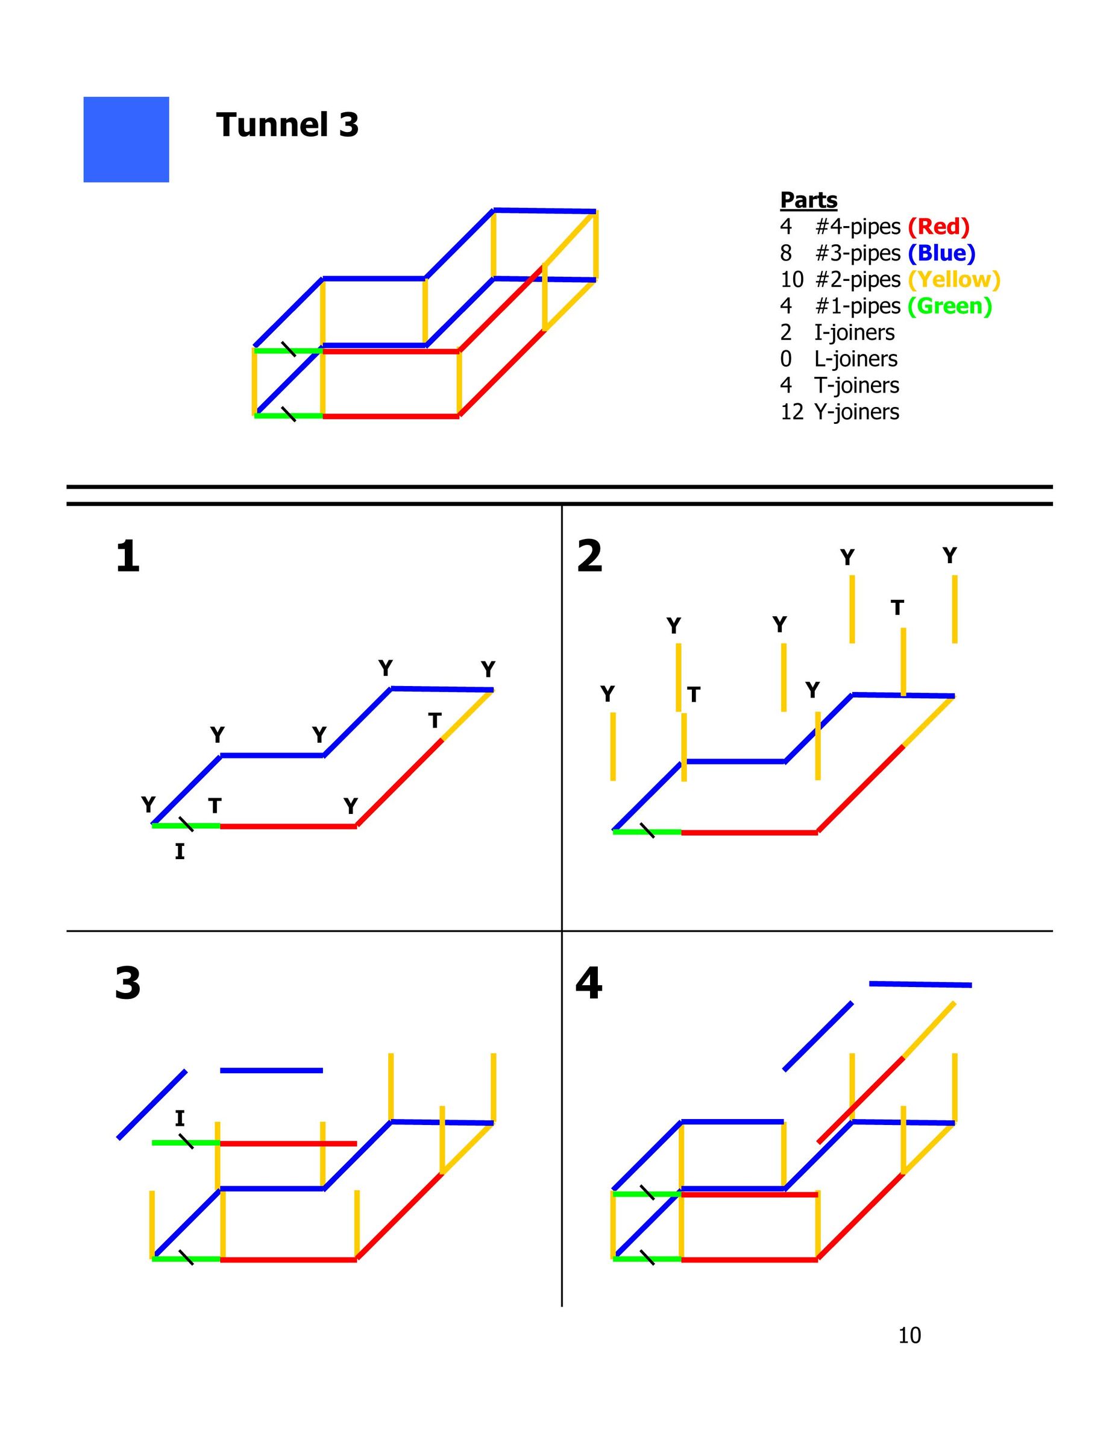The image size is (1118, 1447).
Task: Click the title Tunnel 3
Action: (287, 125)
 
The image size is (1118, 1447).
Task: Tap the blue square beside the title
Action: (126, 139)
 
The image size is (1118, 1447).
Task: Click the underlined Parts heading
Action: (809, 200)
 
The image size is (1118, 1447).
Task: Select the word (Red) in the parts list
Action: (938, 227)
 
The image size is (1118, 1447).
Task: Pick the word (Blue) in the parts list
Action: (942, 253)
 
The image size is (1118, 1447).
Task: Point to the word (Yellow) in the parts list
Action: (955, 280)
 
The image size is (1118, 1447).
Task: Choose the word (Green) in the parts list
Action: (950, 306)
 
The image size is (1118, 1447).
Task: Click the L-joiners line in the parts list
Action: (839, 359)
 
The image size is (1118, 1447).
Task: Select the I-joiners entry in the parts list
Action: (837, 333)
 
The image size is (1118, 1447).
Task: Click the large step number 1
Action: (128, 556)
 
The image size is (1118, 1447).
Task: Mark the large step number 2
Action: (589, 556)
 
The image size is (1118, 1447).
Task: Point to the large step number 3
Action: (128, 984)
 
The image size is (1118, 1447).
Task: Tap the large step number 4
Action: (589, 984)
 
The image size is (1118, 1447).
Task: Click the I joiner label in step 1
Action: (180, 851)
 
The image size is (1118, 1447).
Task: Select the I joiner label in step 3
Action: (180, 1119)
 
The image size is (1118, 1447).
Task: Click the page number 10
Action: (909, 1335)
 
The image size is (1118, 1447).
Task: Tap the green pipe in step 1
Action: (186, 825)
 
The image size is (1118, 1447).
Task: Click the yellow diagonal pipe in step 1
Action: (467, 716)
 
